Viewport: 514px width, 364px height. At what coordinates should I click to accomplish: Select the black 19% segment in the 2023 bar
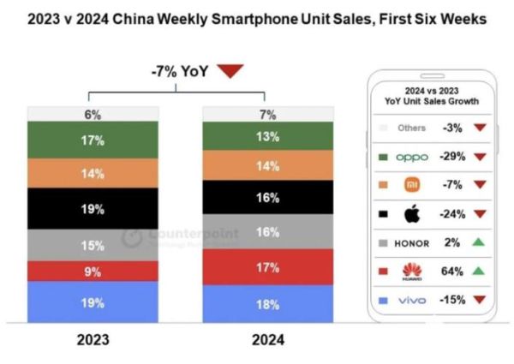93,209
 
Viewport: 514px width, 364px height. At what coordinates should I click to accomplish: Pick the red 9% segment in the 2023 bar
93,272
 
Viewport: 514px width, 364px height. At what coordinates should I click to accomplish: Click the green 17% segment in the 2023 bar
93,140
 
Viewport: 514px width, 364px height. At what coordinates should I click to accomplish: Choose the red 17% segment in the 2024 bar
266,266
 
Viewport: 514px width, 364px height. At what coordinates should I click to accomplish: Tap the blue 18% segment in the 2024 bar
266,303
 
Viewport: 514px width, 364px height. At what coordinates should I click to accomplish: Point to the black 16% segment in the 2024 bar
266,198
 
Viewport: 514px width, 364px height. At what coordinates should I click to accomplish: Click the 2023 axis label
93,339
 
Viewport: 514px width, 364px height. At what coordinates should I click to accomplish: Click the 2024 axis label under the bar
266,339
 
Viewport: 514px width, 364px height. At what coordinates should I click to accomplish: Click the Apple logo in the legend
412,213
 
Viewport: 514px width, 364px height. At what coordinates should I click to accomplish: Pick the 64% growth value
453,271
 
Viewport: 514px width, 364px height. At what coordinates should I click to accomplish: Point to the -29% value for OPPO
451,157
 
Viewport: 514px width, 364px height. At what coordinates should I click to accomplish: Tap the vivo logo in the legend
412,300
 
